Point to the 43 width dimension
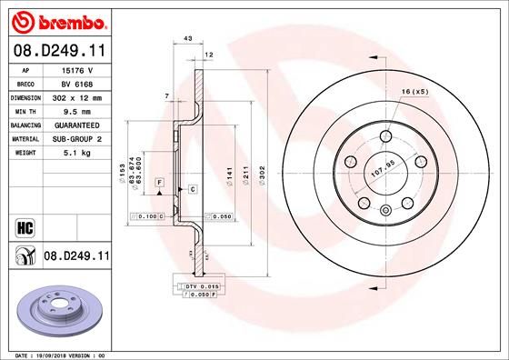click(188, 38)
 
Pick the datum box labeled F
click(159, 183)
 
